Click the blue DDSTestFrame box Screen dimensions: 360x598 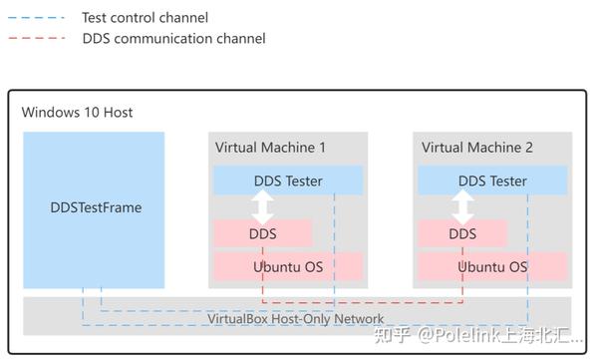[95, 208]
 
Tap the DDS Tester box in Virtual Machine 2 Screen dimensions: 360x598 [492, 180]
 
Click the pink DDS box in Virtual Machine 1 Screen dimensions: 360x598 [263, 233]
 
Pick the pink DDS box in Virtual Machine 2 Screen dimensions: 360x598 [463, 233]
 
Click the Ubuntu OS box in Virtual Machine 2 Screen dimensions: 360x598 [492, 266]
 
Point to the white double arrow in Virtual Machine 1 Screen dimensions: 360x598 [263, 207]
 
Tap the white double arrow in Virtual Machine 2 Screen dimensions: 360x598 [463, 207]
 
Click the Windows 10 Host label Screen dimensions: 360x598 [78, 112]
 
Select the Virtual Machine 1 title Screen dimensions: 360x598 [270, 147]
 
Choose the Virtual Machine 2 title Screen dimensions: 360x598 [477, 147]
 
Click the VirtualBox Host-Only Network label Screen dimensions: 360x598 [282, 319]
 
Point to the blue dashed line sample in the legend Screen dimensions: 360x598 [35, 17]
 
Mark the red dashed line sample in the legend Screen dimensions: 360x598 [35, 39]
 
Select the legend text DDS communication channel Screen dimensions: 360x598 [174, 39]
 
